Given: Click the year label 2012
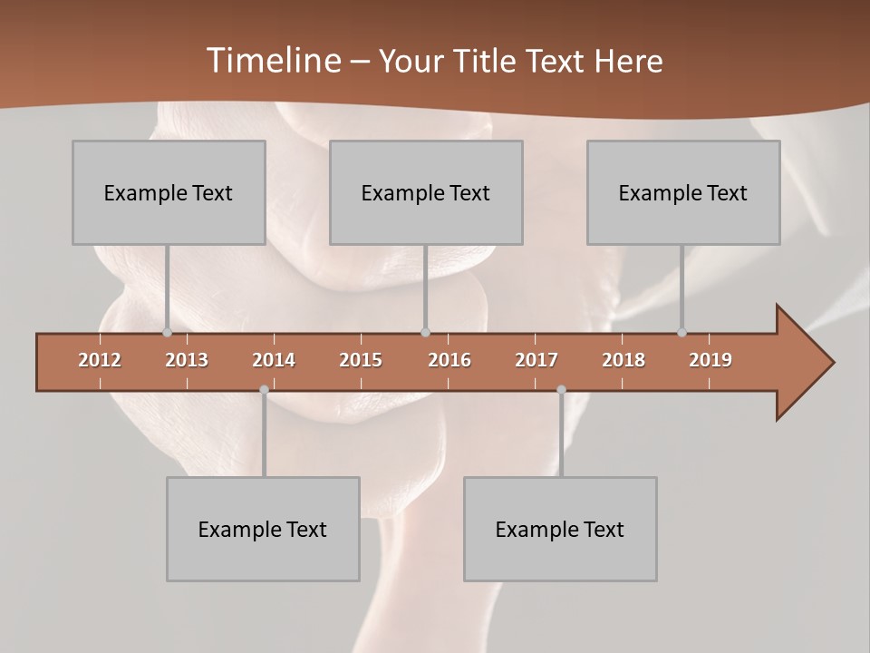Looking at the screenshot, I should pos(100,360).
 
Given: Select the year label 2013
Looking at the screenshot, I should pos(187,360).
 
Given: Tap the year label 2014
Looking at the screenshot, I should pos(274,360).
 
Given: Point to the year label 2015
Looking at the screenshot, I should pos(361,360).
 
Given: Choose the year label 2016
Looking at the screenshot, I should pos(449,360).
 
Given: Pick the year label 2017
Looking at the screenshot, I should pos(536,360).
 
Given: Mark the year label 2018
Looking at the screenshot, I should pos(623,360).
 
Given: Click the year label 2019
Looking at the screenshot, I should pos(710,360).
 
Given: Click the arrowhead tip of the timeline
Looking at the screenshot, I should pos(832,363).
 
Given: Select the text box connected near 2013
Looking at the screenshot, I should pos(169,192).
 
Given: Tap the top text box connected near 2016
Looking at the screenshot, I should pos(426,192).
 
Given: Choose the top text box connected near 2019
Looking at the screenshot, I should pos(683,192).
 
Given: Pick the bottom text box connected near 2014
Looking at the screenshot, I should pos(263,529).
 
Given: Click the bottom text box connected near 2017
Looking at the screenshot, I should pos(560,529).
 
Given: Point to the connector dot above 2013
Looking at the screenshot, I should pos(167,333).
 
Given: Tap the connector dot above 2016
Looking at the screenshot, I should pos(425,333).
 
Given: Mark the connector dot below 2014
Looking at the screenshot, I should pos(264,390).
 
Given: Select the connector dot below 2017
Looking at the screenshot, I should pos(561,390).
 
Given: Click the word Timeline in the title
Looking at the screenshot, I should pos(272,61).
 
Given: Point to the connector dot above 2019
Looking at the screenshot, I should pos(681,333).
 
